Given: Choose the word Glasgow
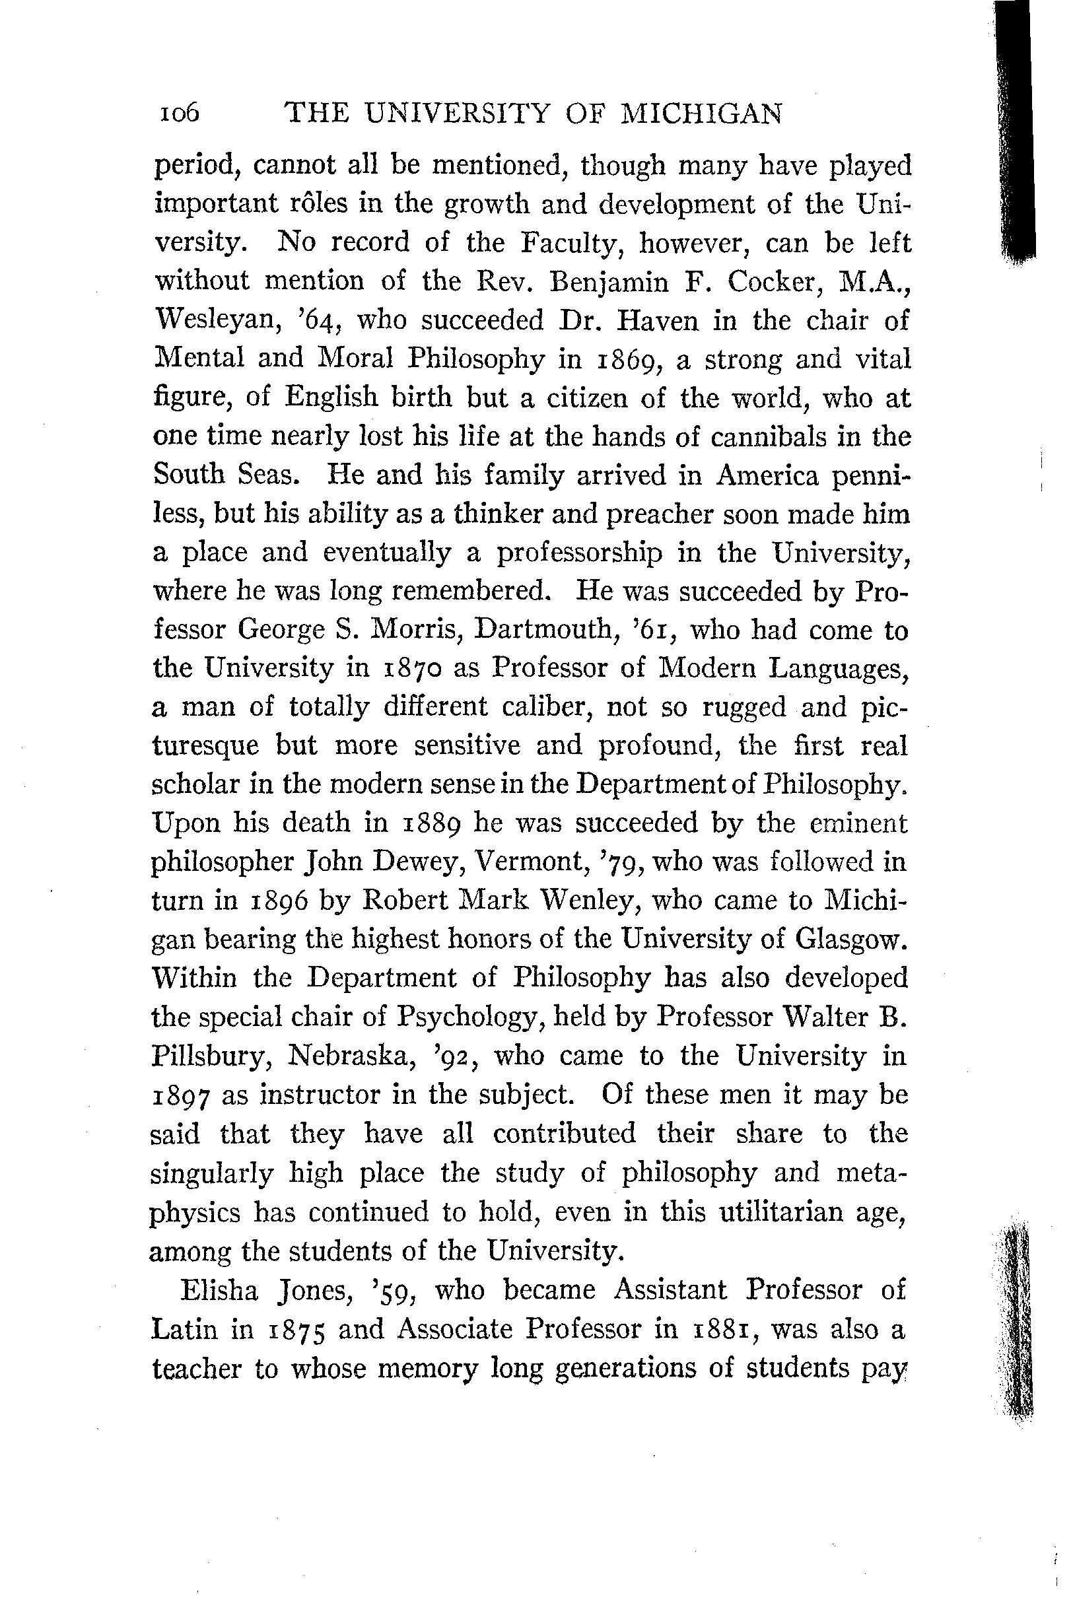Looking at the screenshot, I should click(850, 938).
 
